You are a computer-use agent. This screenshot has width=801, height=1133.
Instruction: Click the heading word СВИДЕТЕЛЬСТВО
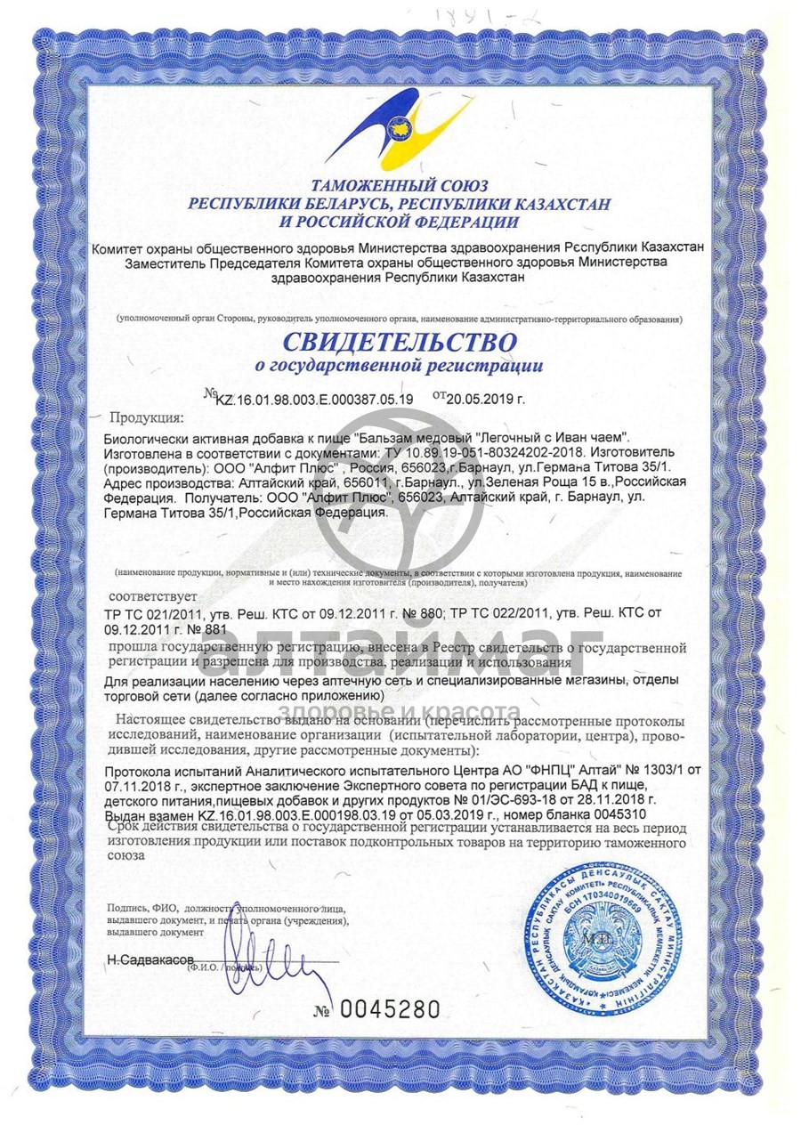click(x=400, y=341)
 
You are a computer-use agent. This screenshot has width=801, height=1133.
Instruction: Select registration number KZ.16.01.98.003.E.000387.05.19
click(x=314, y=399)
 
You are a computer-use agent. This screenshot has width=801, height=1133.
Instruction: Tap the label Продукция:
click(x=146, y=417)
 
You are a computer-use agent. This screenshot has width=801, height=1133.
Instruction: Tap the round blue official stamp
click(x=614, y=943)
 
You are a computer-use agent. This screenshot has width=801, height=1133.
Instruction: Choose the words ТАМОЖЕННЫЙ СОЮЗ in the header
click(x=400, y=186)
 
